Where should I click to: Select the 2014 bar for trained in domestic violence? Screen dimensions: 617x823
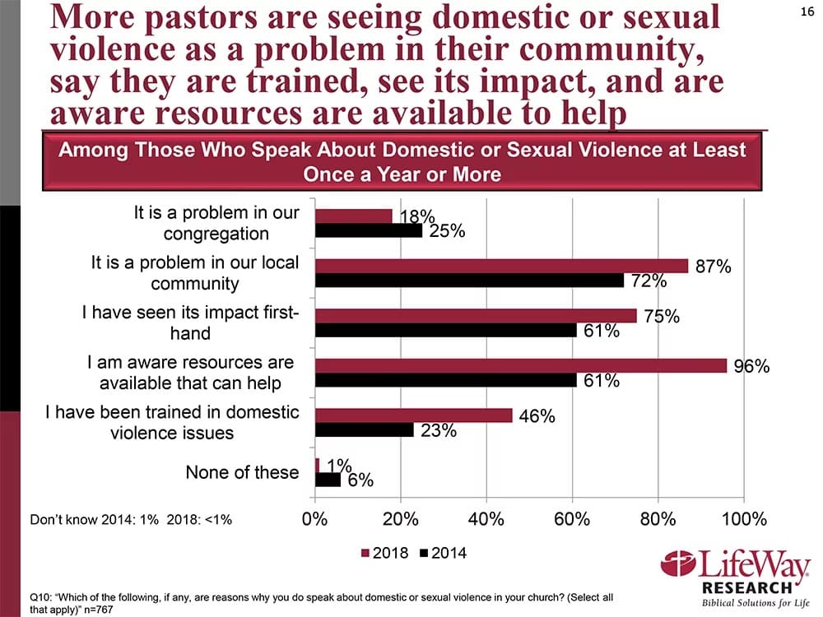(365, 429)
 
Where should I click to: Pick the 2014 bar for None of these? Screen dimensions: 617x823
(328, 479)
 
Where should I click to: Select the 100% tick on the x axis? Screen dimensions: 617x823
(743, 520)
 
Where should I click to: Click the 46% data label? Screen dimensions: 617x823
(536, 417)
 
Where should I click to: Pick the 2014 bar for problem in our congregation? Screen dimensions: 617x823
(369, 231)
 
